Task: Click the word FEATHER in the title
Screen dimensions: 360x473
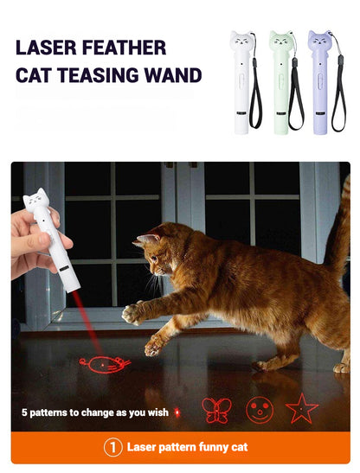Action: pyautogui.click(x=124, y=48)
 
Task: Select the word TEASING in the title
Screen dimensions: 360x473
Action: pyautogui.click(x=97, y=75)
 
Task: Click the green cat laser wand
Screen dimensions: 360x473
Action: pyautogui.click(x=281, y=82)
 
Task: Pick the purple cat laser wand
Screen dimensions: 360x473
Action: pyautogui.click(x=319, y=82)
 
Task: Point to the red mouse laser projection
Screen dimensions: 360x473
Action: pyautogui.click(x=105, y=364)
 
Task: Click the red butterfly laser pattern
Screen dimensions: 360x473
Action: pyautogui.click(x=216, y=410)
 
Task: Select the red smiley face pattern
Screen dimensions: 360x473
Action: pyautogui.click(x=260, y=409)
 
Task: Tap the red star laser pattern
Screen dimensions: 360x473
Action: pyautogui.click(x=302, y=409)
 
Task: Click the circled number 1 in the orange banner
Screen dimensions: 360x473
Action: pyautogui.click(x=113, y=448)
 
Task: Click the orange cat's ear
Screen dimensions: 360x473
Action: pyautogui.click(x=147, y=240)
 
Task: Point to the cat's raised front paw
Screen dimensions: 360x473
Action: pyautogui.click(x=133, y=315)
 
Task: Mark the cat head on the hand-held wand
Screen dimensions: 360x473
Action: pyautogui.click(x=35, y=199)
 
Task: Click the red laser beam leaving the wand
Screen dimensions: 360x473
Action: pyautogui.click(x=87, y=323)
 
